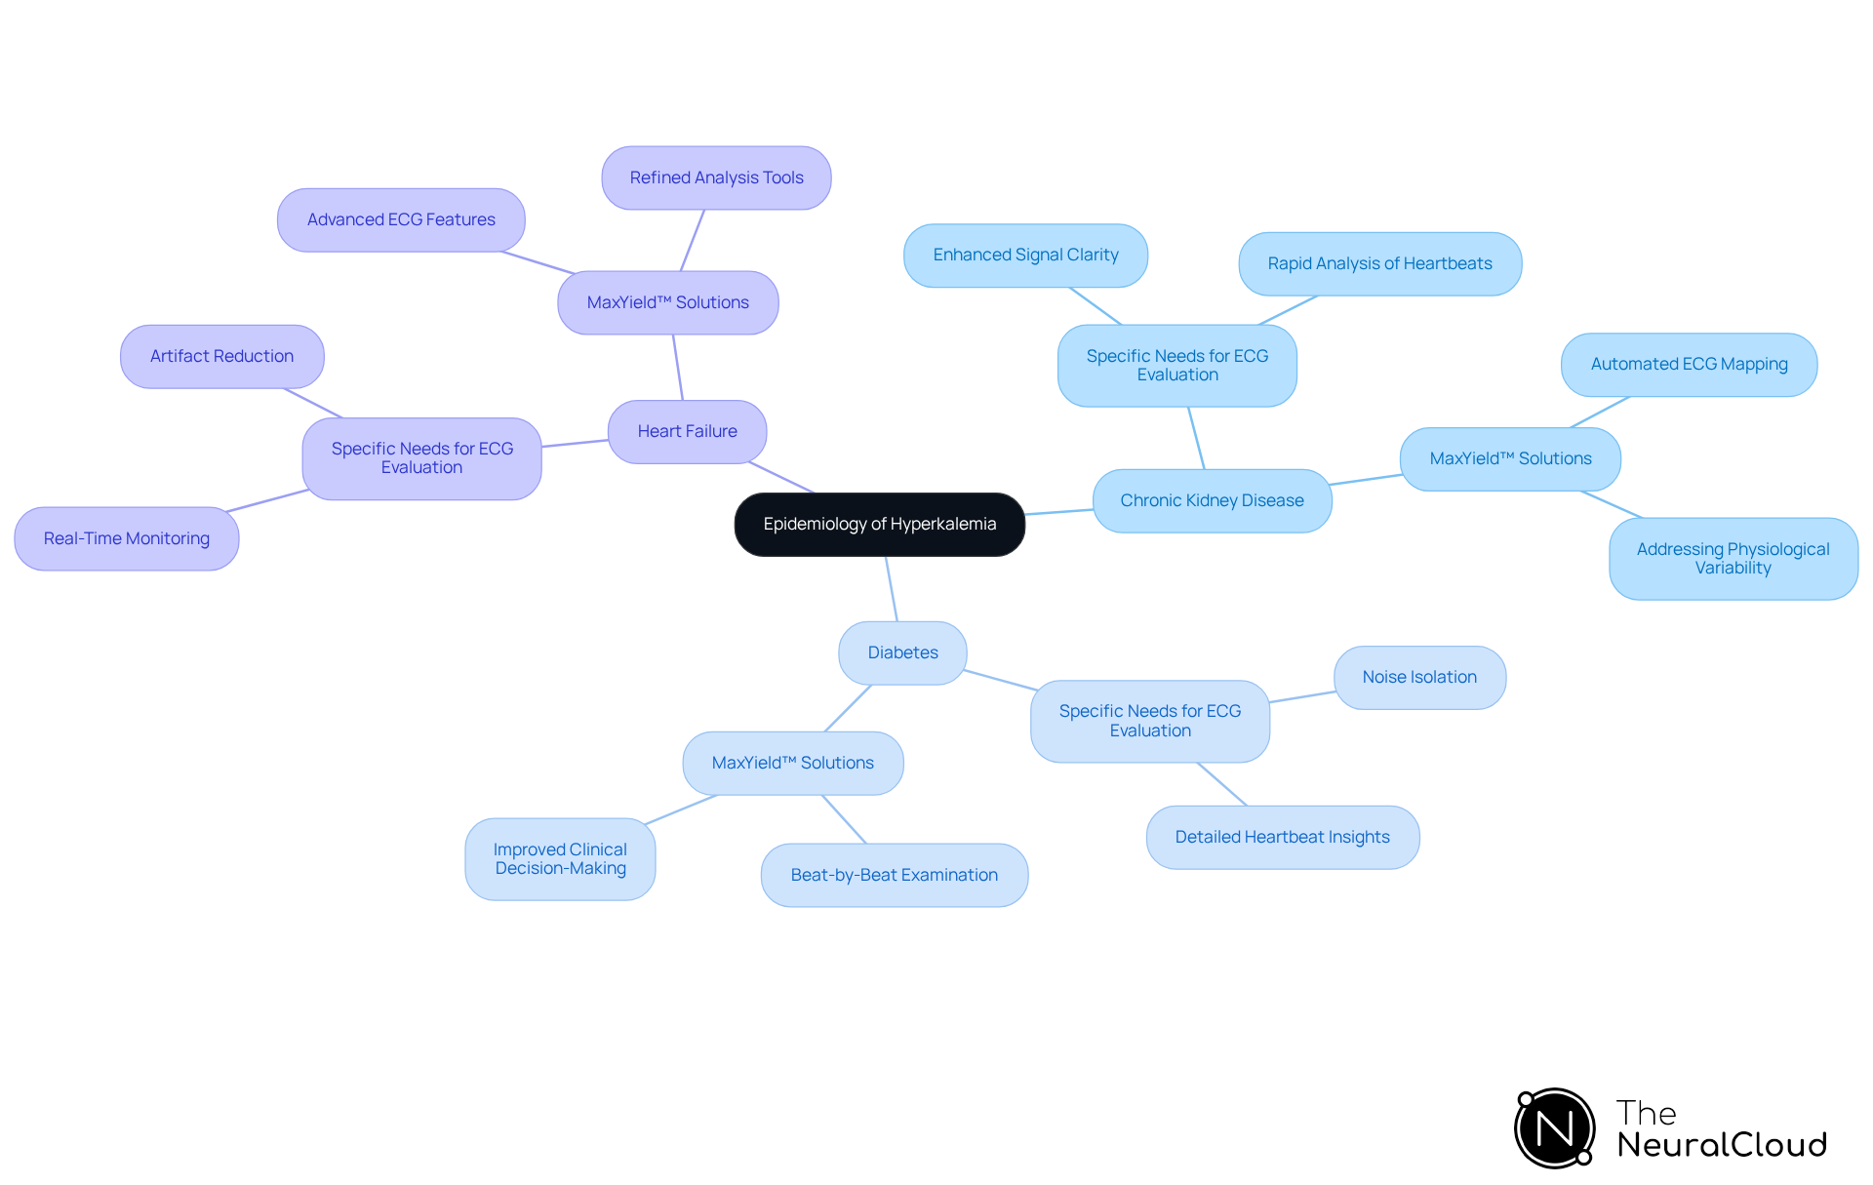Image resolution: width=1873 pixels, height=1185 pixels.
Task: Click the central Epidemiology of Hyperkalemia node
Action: pyautogui.click(x=879, y=525)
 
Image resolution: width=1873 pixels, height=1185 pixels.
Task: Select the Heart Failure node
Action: pyautogui.click(x=687, y=431)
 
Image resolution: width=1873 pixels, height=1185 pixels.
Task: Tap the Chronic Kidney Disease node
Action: pyautogui.click(x=1212, y=500)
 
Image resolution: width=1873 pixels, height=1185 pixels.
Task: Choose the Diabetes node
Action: pyautogui.click(x=902, y=652)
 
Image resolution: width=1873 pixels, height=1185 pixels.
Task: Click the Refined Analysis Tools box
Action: pyautogui.click(x=716, y=178)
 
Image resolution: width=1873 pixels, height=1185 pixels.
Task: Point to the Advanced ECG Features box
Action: pyautogui.click(x=401, y=219)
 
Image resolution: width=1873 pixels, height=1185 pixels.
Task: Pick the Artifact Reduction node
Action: pyautogui.click(x=221, y=356)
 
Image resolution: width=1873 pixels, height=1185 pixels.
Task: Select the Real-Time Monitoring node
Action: pyautogui.click(x=126, y=538)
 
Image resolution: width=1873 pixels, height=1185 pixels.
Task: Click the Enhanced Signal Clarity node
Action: pyautogui.click(x=1025, y=255)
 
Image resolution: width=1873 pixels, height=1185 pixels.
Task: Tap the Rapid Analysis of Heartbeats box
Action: pyautogui.click(x=1379, y=263)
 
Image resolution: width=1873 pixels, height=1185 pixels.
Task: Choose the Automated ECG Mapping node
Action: pyautogui.click(x=1689, y=364)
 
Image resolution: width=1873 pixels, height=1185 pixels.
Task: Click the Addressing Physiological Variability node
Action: pyautogui.click(x=1733, y=558)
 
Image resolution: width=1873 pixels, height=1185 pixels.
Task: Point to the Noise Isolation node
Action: pyautogui.click(x=1419, y=677)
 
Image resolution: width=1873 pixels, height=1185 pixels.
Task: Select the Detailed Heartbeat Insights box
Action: pyautogui.click(x=1282, y=837)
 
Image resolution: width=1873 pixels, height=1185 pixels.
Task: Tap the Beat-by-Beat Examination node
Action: pyautogui.click(x=894, y=875)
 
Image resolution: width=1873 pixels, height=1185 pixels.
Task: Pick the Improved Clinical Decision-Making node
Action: pyautogui.click(x=560, y=858)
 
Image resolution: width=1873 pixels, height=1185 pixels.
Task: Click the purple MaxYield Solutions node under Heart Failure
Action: pyautogui.click(x=667, y=302)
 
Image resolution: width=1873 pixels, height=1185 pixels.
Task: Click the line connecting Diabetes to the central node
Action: pyautogui.click(x=892, y=589)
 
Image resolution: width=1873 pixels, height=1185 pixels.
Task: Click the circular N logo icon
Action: pyautogui.click(x=1554, y=1128)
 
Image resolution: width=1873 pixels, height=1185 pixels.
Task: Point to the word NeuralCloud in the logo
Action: pyautogui.click(x=1721, y=1145)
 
